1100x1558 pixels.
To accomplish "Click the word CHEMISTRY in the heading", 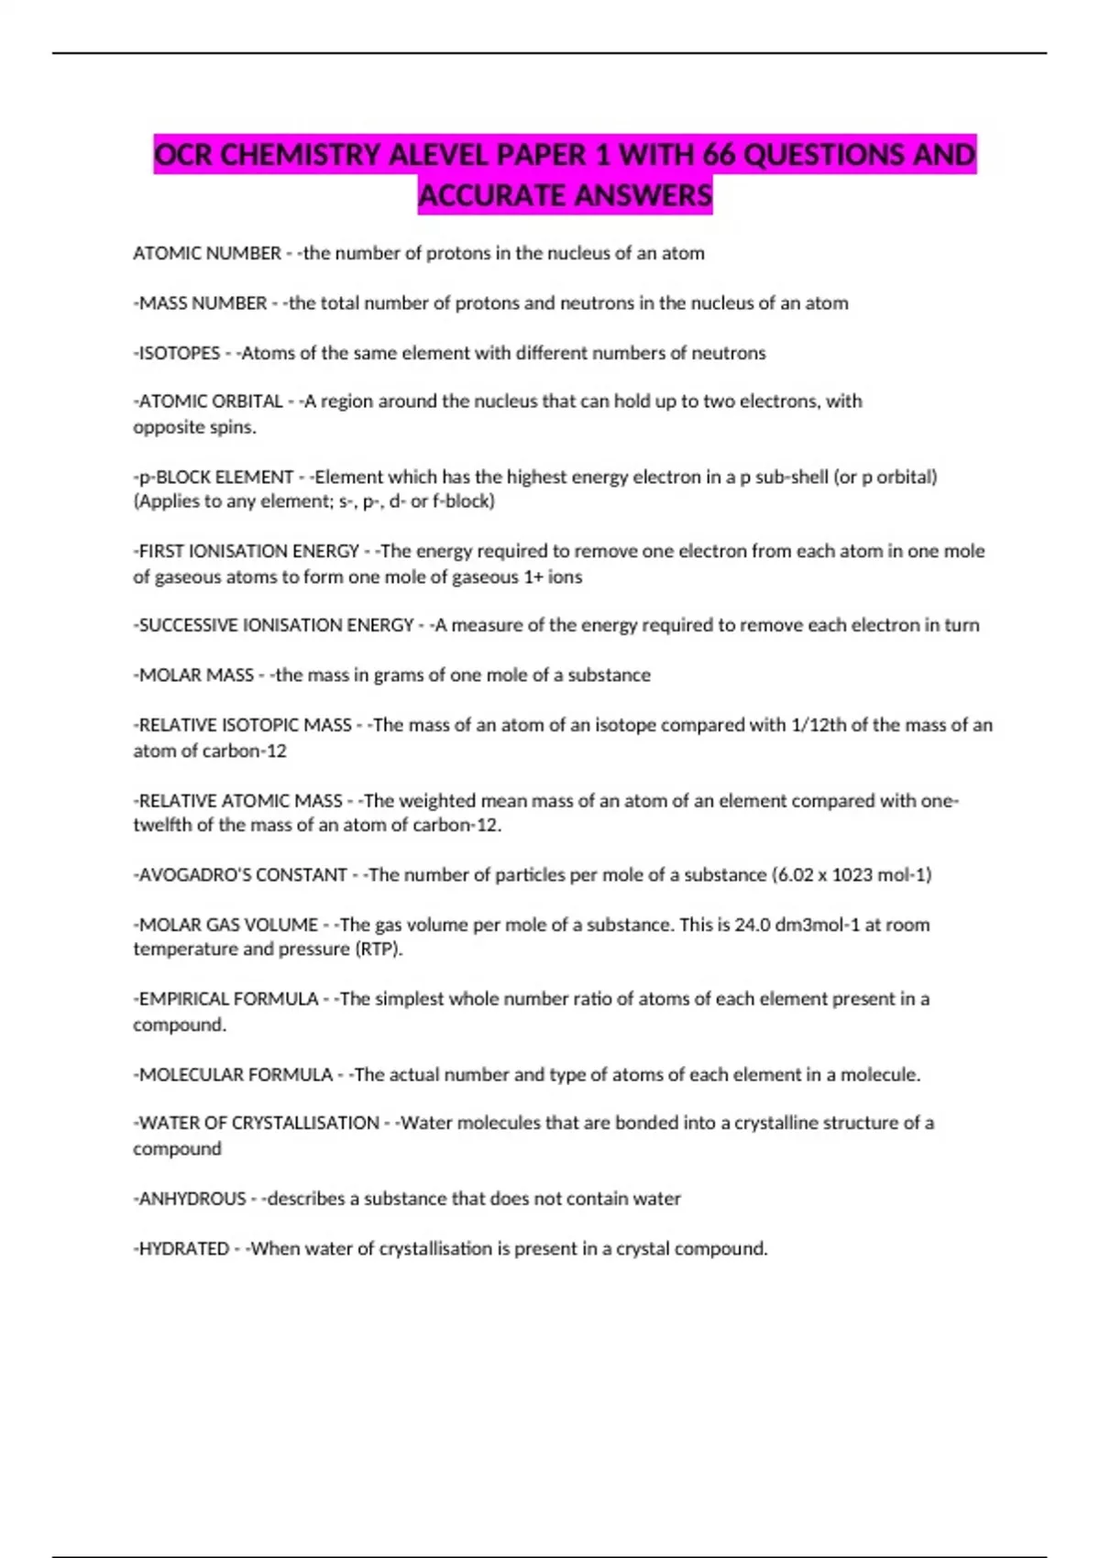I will [300, 154].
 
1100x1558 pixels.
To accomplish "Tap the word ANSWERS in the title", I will [640, 194].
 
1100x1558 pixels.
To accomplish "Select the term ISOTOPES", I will [179, 353].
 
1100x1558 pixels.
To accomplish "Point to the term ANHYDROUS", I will [192, 1199].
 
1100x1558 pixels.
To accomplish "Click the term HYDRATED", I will [183, 1248].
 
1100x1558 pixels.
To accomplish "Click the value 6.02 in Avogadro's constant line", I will [794, 874].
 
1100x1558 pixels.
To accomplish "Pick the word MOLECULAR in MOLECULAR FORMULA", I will [189, 1074].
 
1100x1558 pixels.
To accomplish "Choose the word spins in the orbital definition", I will [235, 427].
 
